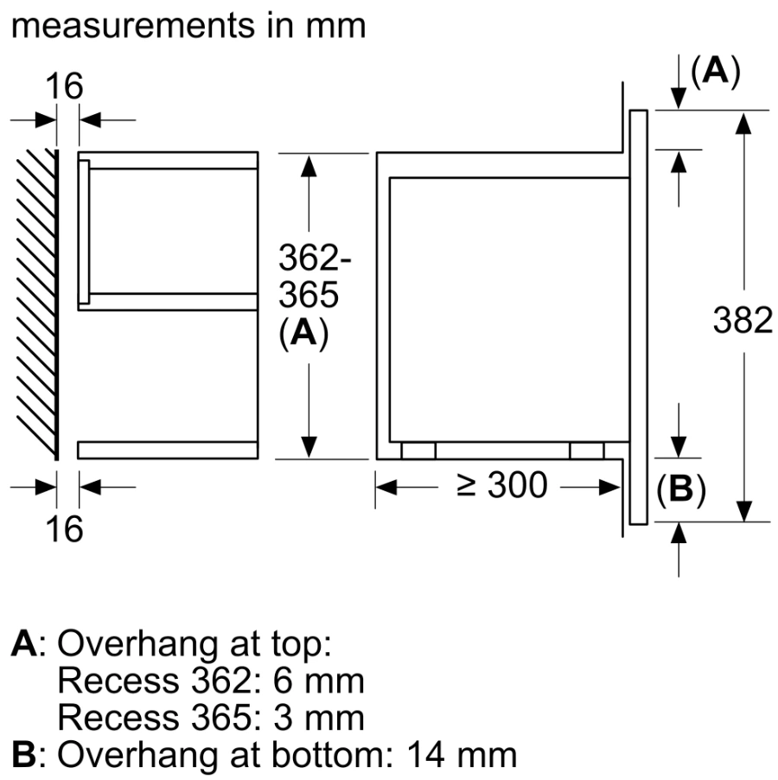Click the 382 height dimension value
click(x=743, y=321)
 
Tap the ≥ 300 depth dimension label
click(x=502, y=486)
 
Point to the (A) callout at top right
click(x=716, y=73)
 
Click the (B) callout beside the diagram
click(x=681, y=490)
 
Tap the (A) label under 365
click(x=303, y=334)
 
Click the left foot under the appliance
click(x=418, y=451)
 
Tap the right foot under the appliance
click(x=587, y=451)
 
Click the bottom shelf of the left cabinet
click(x=168, y=450)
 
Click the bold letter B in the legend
click(x=23, y=755)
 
